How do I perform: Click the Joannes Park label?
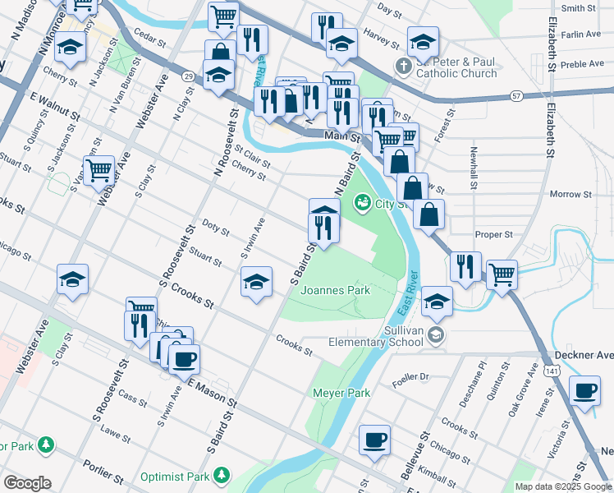click(335, 290)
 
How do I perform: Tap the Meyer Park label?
click(342, 393)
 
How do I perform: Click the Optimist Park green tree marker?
click(221, 475)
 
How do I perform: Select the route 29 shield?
click(188, 76)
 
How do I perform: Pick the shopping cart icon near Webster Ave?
click(99, 170)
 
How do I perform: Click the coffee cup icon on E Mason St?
click(185, 359)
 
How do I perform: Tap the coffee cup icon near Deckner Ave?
click(585, 391)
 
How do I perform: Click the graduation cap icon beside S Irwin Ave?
click(257, 282)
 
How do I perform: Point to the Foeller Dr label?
click(411, 376)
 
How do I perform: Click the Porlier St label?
click(103, 477)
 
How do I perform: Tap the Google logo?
click(27, 483)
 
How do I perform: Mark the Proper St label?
click(493, 234)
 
